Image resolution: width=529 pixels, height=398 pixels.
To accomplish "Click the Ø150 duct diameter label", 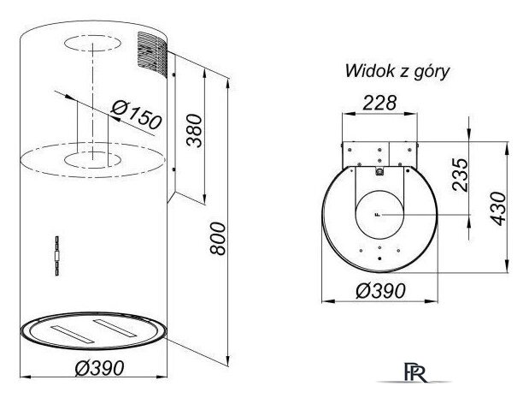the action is tap(137, 116).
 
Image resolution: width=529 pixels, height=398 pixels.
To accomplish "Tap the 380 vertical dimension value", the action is tap(195, 131).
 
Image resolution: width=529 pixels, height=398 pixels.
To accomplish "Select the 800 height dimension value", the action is tap(217, 238).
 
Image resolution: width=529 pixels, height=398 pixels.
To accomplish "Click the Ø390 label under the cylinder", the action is tap(99, 367).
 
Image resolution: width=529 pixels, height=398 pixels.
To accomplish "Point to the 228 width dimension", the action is tap(379, 103).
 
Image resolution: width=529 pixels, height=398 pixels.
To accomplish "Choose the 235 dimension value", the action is tap(460, 175).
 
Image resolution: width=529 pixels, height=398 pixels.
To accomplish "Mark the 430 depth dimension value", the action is tap(498, 209).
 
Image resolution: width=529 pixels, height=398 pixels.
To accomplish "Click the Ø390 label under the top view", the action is tap(380, 290).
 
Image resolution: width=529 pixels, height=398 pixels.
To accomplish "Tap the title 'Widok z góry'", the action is tap(397, 72).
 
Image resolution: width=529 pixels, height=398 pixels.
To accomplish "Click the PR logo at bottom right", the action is tap(415, 372).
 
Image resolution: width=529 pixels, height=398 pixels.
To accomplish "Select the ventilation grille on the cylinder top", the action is tap(152, 55).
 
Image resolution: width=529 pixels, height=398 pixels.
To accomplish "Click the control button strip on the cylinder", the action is tap(57, 256).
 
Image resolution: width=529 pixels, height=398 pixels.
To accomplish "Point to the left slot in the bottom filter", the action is tap(71, 334).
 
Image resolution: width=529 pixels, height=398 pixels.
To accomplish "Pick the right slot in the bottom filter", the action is tap(115, 327).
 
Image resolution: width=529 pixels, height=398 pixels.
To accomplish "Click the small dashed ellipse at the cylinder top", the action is tap(92, 44).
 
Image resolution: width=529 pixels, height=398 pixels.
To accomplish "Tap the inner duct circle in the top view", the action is tap(379, 214).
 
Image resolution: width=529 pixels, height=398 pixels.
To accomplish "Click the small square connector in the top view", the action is tap(379, 172).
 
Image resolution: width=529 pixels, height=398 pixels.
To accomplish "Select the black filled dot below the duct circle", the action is tap(380, 258).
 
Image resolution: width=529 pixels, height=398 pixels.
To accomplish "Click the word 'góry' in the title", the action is tap(432, 72).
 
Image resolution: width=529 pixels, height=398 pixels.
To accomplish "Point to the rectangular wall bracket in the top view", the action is tap(379, 154).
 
